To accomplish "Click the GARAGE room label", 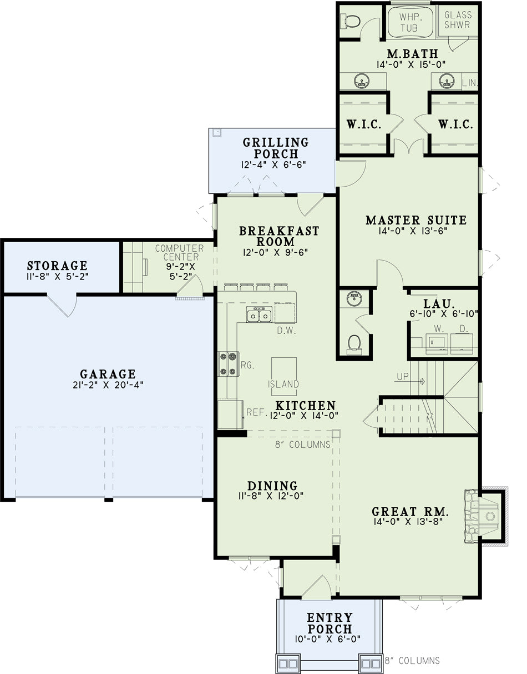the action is pos(108,374).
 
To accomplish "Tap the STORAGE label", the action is pos(57,266).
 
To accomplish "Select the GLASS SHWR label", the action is pos(458,20).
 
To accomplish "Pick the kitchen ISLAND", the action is pos(283,376).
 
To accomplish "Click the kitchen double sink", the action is pos(260,314).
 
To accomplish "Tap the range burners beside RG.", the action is pos(229,364).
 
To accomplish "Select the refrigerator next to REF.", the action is pos(230,415).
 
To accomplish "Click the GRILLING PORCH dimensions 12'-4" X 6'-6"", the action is pos(273,164).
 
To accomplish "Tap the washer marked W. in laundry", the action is pos(437,343).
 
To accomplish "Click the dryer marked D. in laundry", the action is pos(462,343).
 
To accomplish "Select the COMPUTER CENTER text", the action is pos(180,252).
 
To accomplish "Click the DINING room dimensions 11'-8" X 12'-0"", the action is pos(271,496).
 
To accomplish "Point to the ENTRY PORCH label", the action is pos(330,623).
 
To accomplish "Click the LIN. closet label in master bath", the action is pos(470,83).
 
